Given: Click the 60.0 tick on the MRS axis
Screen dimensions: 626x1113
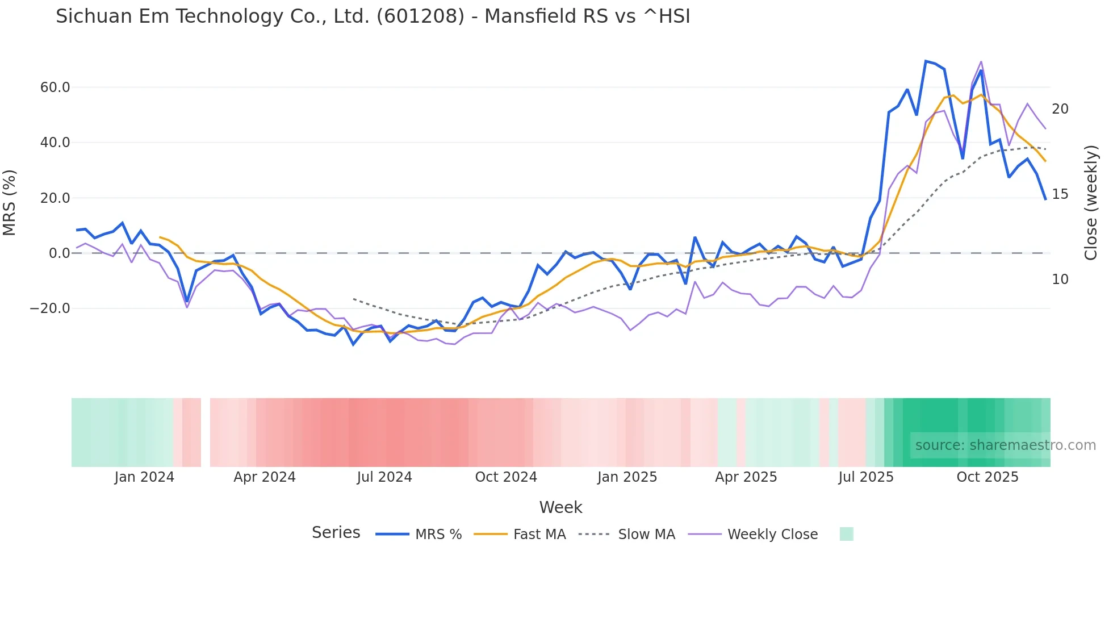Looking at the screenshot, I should [55, 87].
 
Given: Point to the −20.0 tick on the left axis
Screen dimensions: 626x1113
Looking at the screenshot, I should [50, 308].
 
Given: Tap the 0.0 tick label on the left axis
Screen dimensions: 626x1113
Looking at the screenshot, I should [59, 253].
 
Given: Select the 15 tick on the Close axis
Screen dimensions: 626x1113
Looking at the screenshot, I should [1060, 194].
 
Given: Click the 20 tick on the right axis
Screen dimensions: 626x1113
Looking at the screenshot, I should [1060, 109].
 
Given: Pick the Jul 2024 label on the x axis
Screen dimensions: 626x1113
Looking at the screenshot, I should [384, 477].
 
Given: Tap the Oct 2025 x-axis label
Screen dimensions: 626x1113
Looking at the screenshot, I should [988, 477].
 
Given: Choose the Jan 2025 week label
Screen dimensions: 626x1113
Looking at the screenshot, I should [627, 477].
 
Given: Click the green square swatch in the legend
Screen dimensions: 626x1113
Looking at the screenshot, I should [846, 534].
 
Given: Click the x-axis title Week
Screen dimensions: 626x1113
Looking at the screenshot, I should [560, 507].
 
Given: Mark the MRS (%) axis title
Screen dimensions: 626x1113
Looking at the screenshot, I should [10, 202].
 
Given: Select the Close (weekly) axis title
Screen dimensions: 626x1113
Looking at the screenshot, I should [1091, 202].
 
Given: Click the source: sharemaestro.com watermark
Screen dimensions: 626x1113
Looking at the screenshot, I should [1005, 445].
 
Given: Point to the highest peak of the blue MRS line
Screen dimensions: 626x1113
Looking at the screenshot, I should [926, 61].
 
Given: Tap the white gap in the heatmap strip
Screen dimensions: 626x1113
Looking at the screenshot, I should [206, 432].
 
